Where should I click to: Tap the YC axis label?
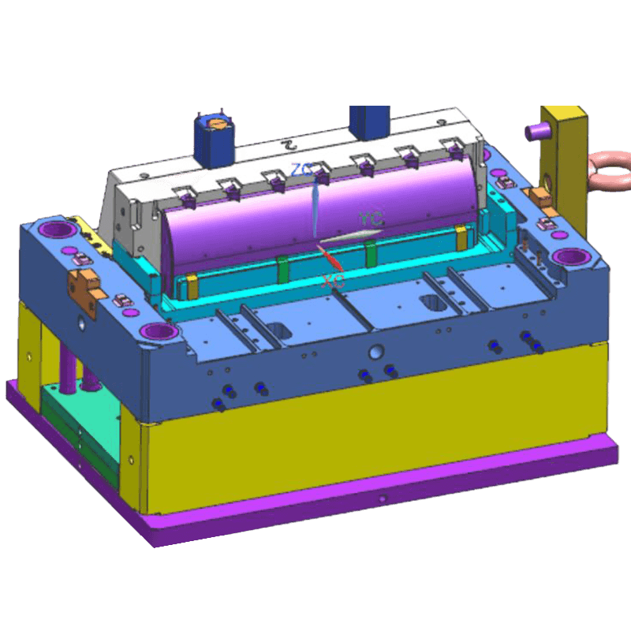click(370, 218)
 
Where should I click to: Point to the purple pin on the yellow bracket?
click(537, 130)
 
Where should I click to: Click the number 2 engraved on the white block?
click(289, 146)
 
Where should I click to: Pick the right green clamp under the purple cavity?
click(370, 252)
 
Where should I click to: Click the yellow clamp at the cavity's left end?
click(190, 285)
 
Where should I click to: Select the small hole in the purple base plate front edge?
click(382, 498)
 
